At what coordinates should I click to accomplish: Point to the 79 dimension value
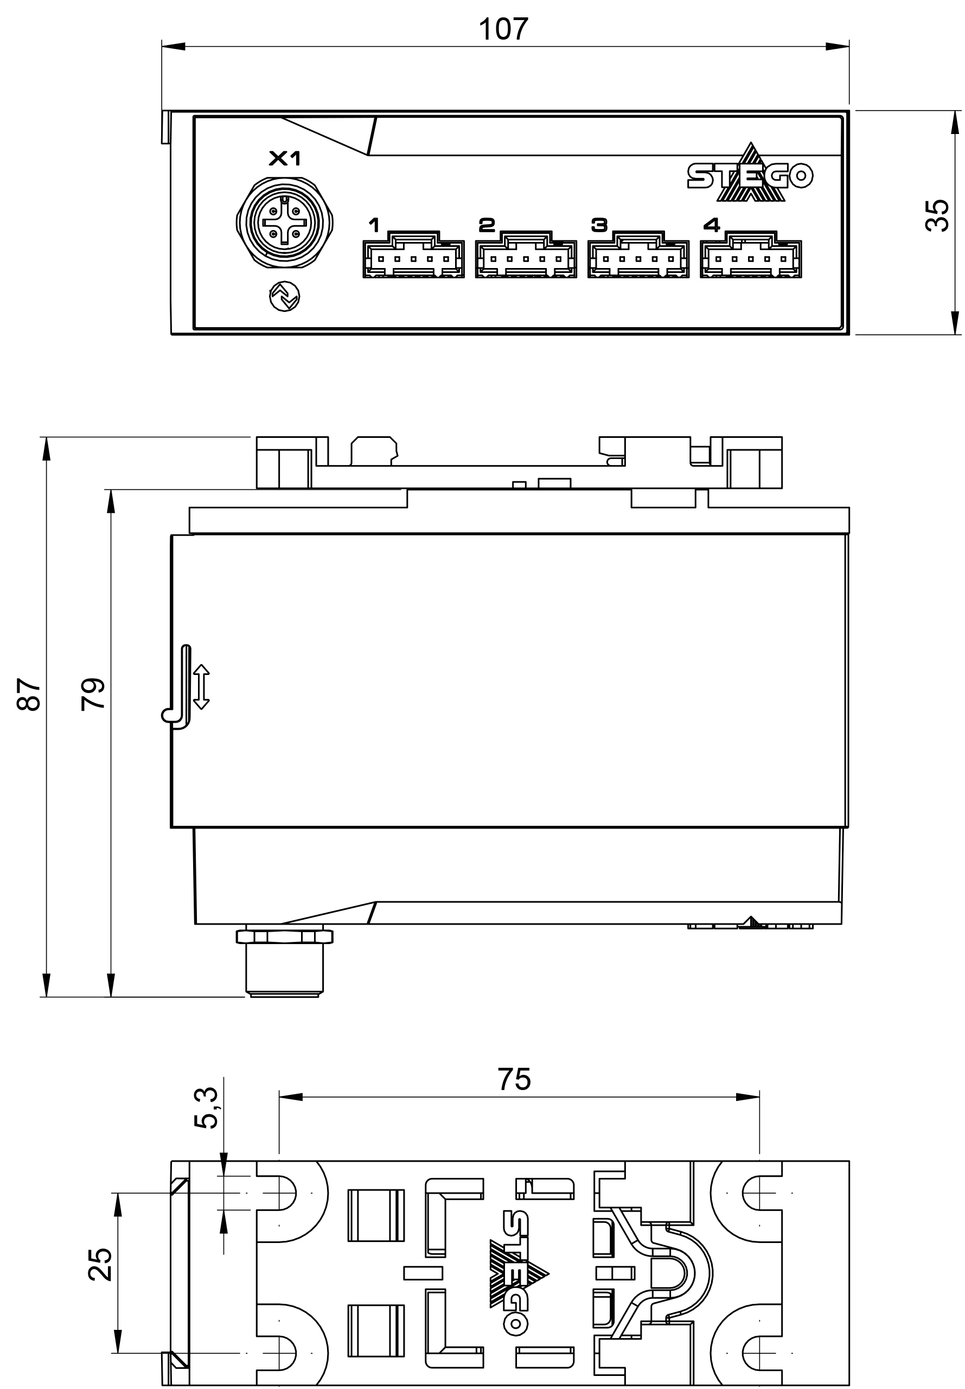pos(93,694)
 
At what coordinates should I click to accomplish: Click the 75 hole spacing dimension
pos(514,1079)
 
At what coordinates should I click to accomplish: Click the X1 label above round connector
pos(284,159)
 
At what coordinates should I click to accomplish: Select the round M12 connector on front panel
pos(284,223)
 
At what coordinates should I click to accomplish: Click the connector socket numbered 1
pos(413,255)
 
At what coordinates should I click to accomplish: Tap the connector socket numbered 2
pos(526,255)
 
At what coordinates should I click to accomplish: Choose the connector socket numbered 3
pos(638,255)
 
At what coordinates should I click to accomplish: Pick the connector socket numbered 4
pos(751,255)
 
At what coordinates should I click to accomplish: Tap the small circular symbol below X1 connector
pos(284,297)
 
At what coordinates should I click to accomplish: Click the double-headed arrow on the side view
pos(201,687)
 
